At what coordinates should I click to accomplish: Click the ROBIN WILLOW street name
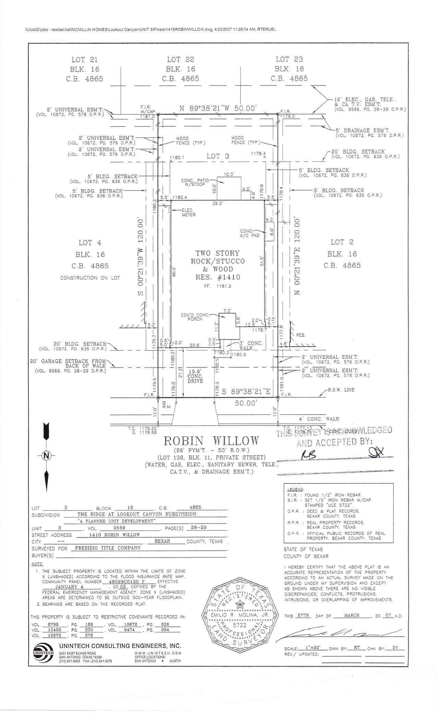point(211,441)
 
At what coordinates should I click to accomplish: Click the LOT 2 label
point(342,242)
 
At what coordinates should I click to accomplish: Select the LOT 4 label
point(90,243)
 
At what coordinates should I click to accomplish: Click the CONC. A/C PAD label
point(250,233)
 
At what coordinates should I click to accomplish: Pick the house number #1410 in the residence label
point(228,277)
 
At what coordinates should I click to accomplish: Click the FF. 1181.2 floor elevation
point(217,286)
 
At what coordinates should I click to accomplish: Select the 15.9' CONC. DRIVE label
point(196,376)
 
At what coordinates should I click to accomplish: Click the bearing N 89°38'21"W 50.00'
point(218,108)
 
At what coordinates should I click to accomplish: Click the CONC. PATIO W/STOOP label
point(193,182)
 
